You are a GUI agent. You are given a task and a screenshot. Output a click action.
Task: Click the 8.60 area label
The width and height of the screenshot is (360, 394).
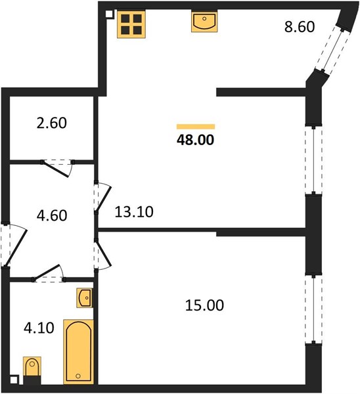point(300,27)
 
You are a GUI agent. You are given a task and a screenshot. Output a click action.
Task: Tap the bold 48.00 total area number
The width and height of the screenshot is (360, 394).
point(195,140)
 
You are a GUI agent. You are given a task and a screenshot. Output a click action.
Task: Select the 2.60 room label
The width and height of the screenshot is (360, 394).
point(52,123)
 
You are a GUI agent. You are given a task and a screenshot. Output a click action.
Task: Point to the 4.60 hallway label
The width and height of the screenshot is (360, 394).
point(52,215)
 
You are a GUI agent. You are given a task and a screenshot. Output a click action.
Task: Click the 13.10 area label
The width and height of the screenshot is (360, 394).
point(134,212)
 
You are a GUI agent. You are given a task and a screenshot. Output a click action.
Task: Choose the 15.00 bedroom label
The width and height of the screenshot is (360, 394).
point(204,305)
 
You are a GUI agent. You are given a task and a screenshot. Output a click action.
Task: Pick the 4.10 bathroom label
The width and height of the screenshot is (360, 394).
point(39,328)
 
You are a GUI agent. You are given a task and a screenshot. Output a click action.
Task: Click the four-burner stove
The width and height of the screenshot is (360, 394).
point(131,24)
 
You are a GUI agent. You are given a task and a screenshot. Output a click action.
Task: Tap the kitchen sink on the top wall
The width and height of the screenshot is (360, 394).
point(204,22)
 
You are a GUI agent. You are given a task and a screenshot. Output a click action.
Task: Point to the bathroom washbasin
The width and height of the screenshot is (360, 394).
point(85,298)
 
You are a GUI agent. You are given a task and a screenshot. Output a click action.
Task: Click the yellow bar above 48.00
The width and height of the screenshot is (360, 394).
point(196,126)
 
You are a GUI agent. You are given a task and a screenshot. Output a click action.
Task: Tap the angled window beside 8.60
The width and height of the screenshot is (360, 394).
point(332,51)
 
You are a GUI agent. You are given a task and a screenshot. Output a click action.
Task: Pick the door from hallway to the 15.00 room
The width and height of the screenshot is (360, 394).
point(102,253)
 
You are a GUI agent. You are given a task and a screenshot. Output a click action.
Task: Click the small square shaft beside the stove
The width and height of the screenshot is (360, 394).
point(109,14)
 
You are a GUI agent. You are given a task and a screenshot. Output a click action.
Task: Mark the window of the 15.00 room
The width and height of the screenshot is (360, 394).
point(313,309)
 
